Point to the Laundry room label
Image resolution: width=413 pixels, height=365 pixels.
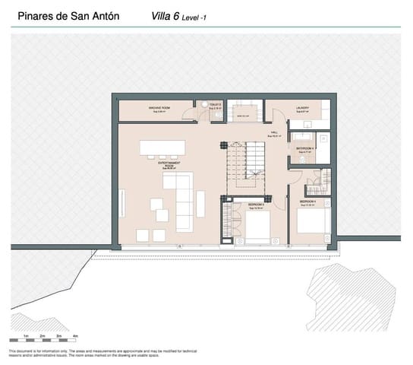[303, 109]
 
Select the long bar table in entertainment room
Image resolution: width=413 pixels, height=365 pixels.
[162, 146]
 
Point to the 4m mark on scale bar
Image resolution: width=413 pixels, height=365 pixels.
[75, 335]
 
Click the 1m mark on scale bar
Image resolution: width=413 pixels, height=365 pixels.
[26, 335]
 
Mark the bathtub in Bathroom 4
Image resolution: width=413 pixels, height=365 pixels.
[323, 148]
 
